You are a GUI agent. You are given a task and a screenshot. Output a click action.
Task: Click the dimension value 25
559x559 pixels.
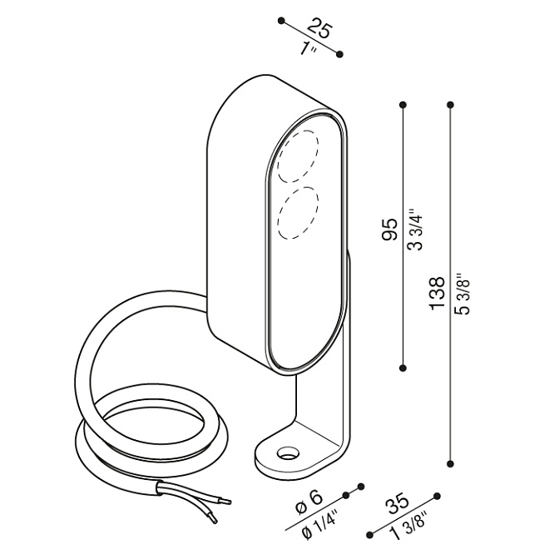pyautogui.click(x=320, y=29)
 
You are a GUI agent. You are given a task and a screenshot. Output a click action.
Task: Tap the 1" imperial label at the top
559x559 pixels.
pyautogui.click(x=308, y=49)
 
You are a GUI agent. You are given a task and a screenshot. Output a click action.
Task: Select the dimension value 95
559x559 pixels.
pyautogui.click(x=389, y=230)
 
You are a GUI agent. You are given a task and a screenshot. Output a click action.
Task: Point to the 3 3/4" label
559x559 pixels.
pyautogui.click(x=415, y=230)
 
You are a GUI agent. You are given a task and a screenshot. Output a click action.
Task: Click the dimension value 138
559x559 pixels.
pyautogui.click(x=437, y=293)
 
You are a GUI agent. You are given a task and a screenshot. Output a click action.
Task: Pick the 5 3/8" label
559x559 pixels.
pyautogui.click(x=463, y=294)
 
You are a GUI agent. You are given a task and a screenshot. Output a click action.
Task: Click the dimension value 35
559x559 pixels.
pyautogui.click(x=398, y=503)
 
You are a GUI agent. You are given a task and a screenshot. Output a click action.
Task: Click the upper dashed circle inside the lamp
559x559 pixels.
pyautogui.click(x=298, y=156)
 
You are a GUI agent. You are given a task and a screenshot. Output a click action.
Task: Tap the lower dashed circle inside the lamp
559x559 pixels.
pyautogui.click(x=298, y=213)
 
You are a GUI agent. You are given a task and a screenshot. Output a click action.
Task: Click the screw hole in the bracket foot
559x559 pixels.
pyautogui.click(x=288, y=453)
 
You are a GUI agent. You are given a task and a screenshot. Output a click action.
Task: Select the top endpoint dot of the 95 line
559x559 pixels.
pyautogui.click(x=403, y=105)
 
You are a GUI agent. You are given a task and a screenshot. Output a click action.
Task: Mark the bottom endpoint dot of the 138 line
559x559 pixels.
pyautogui.click(x=451, y=464)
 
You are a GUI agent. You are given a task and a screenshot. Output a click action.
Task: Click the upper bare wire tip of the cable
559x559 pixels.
pyautogui.click(x=227, y=502)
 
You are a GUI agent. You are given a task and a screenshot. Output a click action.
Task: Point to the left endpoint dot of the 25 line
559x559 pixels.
pyautogui.click(x=282, y=21)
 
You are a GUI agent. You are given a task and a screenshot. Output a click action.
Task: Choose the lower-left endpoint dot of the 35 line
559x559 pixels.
pyautogui.click(x=370, y=535)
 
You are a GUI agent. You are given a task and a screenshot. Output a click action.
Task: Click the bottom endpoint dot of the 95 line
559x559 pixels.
pyautogui.click(x=403, y=368)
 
